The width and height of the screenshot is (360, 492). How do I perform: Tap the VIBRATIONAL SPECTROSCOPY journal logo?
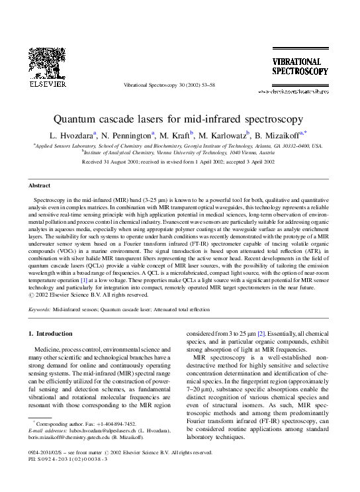click(x=300, y=66)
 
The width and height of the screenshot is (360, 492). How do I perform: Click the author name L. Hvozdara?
click(x=74, y=135)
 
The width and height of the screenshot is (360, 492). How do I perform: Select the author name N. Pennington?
click(x=128, y=135)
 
